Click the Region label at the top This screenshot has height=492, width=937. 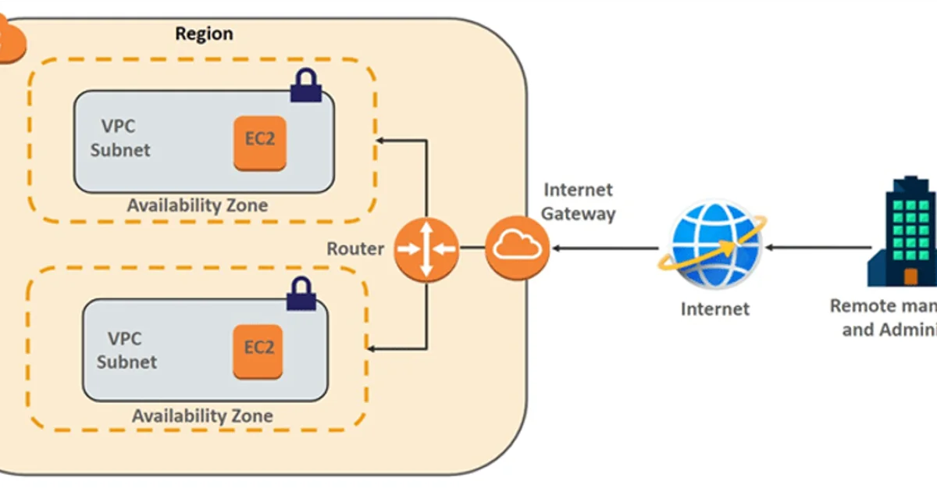tap(204, 34)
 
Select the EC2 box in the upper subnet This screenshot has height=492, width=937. tap(260, 143)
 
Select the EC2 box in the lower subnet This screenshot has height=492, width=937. tap(259, 348)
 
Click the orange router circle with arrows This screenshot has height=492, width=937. tap(426, 249)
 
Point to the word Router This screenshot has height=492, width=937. tap(355, 249)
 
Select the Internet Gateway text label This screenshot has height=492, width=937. tap(579, 201)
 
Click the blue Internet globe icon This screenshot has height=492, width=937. tap(715, 247)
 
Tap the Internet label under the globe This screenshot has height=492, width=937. tap(715, 308)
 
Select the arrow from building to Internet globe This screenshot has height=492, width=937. tap(816, 248)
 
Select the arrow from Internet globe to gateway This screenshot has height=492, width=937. tap(605, 248)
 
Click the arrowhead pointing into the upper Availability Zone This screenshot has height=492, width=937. tap(382, 141)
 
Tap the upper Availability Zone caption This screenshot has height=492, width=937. tap(198, 206)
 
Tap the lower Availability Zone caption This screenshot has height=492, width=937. tap(202, 415)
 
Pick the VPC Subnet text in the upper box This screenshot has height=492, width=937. tap(120, 138)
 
